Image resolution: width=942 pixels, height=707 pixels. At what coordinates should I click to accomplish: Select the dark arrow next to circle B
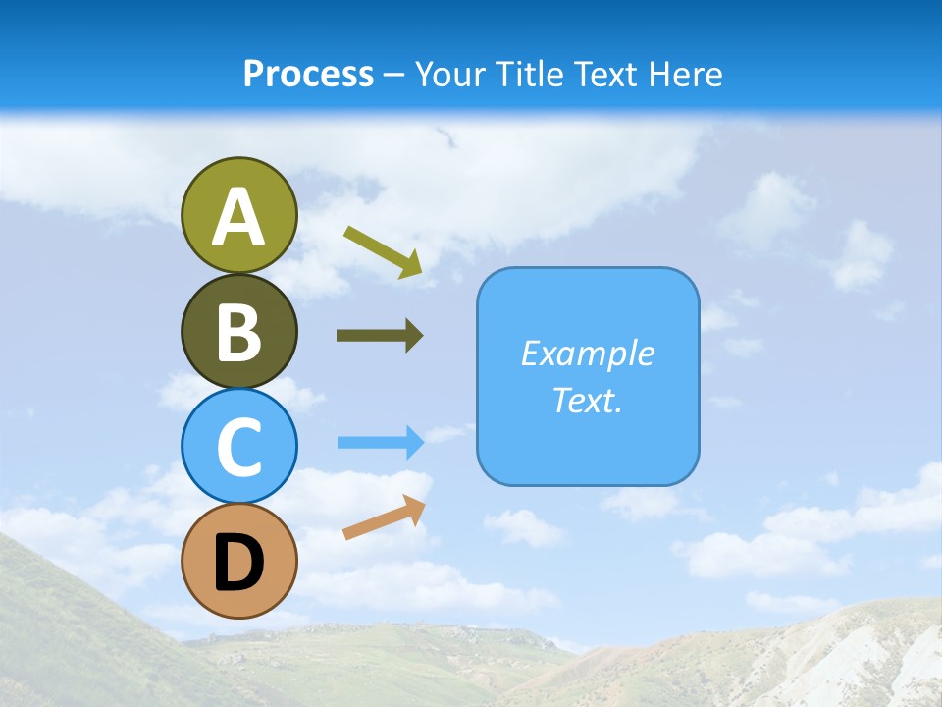tap(380, 336)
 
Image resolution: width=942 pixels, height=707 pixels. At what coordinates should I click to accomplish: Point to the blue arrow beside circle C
tap(381, 443)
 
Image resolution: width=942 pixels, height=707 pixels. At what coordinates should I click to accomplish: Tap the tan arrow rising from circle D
tap(384, 517)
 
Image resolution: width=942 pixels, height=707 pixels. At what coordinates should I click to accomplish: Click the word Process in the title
tap(308, 75)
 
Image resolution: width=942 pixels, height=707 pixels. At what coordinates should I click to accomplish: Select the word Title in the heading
tap(530, 75)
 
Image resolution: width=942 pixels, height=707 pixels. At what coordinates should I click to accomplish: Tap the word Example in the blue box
tap(587, 353)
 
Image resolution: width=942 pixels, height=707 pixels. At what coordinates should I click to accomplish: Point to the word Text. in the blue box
tap(587, 400)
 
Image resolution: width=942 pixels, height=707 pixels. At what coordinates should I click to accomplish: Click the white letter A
tap(239, 218)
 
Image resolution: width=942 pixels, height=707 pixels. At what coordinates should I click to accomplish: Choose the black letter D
tap(239, 562)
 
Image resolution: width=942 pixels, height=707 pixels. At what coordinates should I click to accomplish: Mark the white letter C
tap(239, 447)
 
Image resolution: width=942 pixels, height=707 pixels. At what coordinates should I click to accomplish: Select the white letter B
tap(239, 333)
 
